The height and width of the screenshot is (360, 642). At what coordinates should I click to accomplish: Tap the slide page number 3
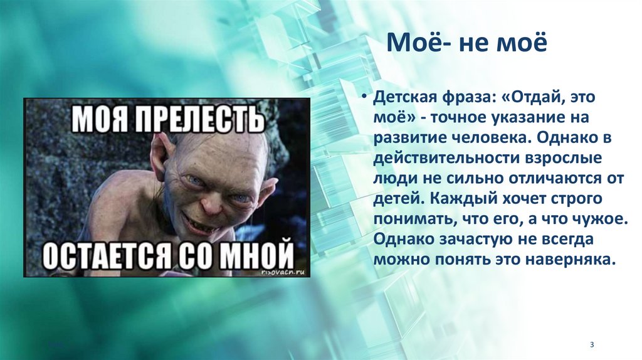click(591, 345)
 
